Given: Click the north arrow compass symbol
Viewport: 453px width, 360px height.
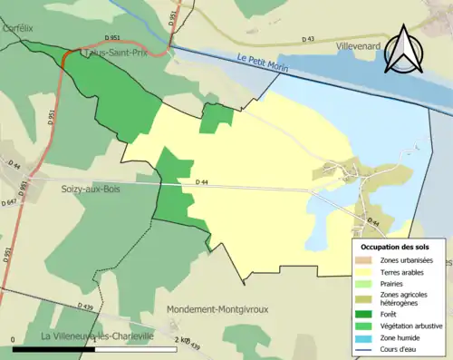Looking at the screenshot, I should (x=405, y=48).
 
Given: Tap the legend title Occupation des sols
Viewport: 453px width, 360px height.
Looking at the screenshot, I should (x=395, y=247).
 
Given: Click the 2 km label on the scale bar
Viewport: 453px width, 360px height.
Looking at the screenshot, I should (x=185, y=340).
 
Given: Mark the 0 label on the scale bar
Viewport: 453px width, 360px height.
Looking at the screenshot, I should (x=14, y=340).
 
